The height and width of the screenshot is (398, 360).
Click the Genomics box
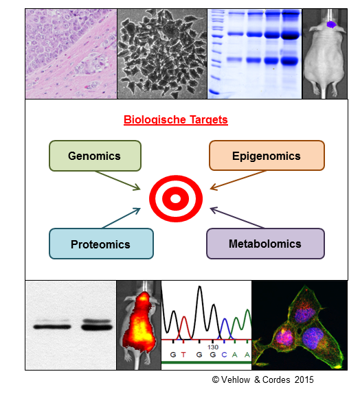click(95, 156)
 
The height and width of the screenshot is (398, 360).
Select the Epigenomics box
click(267, 155)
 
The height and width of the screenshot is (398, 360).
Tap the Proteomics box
click(101, 244)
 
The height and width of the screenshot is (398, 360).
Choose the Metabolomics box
click(265, 244)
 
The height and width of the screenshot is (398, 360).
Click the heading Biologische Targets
click(176, 119)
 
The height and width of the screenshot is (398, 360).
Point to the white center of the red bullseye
click(175, 199)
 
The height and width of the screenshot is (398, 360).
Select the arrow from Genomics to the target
click(118, 180)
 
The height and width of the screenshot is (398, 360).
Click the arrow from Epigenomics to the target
click(238, 180)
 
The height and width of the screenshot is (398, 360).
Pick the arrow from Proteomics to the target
click(121, 218)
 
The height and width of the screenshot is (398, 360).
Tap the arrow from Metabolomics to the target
click(237, 218)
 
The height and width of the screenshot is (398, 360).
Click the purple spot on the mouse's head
click(331, 25)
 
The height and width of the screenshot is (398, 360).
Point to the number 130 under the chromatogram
click(213, 347)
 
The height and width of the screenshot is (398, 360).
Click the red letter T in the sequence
click(183, 355)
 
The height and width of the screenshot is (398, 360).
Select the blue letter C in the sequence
click(224, 355)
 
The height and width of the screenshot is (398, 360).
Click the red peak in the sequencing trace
click(184, 327)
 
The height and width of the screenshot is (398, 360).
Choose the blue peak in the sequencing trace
click(225, 329)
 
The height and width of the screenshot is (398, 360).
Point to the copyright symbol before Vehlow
click(216, 379)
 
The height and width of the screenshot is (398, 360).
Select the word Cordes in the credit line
click(276, 379)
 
